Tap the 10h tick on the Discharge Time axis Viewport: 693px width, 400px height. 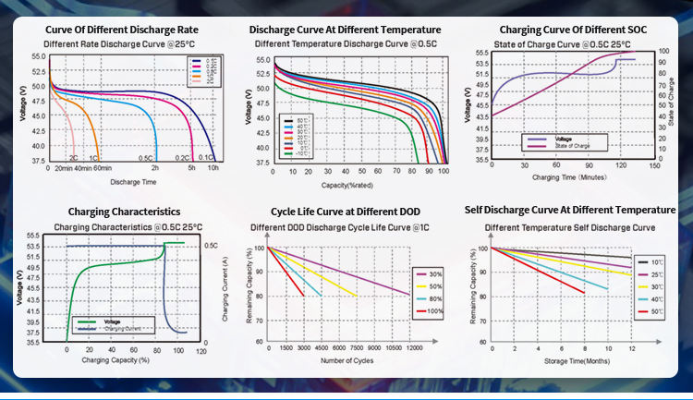[x=213, y=168]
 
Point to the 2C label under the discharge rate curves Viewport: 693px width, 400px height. [x=73, y=158]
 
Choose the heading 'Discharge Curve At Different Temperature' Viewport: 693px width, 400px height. [x=346, y=30]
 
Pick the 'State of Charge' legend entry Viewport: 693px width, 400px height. [x=577, y=144]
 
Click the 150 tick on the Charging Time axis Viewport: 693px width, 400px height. [x=654, y=167]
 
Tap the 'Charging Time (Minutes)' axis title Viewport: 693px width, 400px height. [x=569, y=176]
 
